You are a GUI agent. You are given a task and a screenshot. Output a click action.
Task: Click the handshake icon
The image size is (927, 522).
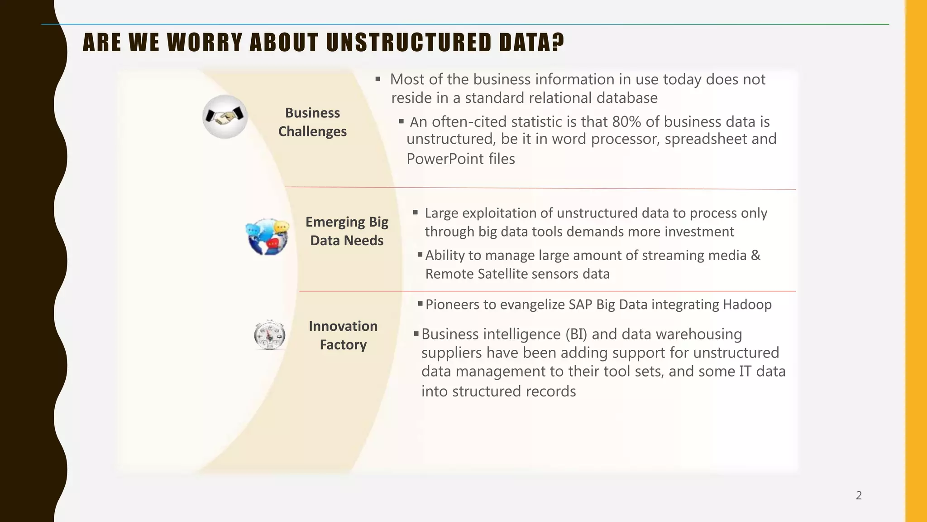[x=225, y=117]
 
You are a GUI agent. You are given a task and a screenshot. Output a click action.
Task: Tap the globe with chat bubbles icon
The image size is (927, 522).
[x=268, y=237]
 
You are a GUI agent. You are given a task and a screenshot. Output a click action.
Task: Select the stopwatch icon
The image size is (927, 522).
[x=269, y=335]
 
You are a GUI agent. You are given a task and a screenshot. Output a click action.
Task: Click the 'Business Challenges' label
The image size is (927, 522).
[x=312, y=122]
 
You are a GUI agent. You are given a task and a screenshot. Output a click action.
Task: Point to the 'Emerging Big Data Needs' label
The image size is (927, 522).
[x=347, y=231]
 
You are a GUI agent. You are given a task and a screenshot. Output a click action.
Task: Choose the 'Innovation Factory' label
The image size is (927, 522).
[x=343, y=335]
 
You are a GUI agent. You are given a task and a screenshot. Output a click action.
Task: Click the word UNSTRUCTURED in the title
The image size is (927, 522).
[x=408, y=43]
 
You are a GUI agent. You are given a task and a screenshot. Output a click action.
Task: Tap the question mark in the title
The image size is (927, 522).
[x=558, y=43]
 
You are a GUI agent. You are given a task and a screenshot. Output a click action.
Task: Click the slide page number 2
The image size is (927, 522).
[x=859, y=495]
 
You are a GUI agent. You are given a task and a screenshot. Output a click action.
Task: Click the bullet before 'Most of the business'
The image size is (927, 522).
[x=378, y=79]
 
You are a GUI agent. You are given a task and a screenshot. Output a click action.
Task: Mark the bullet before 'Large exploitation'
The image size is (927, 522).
[x=416, y=213]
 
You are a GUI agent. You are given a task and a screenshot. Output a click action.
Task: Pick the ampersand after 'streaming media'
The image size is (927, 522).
[x=756, y=255]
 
